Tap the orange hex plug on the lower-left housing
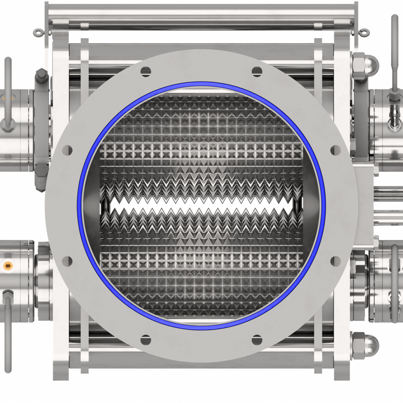pos(7,266)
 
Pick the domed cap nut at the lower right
pos(371,343)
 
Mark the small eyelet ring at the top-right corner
pos(365,31)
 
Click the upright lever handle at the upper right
pos(394,47)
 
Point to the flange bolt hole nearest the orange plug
pos(68,260)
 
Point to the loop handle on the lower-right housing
pos(394,283)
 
